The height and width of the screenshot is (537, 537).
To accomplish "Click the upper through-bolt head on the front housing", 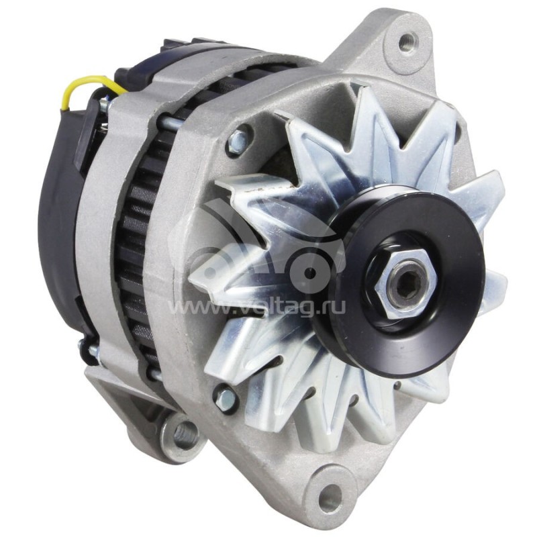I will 238,142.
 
